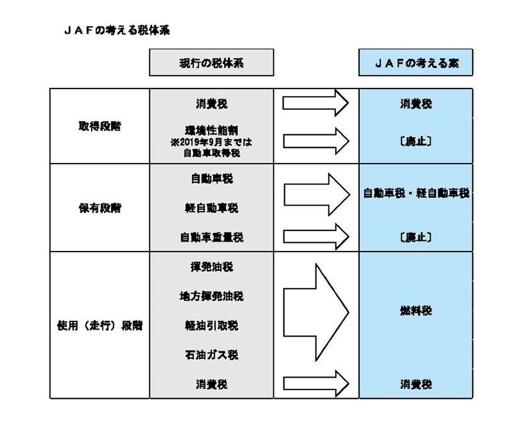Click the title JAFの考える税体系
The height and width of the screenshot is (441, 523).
[x=116, y=29]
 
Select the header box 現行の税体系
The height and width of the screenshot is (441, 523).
[x=211, y=63]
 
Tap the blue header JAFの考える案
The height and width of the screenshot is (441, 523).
[x=416, y=63]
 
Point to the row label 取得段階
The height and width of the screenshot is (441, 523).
[x=99, y=126]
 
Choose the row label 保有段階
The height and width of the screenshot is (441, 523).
[x=99, y=208]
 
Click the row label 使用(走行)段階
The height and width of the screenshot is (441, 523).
[x=99, y=325]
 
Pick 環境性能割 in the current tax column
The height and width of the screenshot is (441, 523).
[x=211, y=131]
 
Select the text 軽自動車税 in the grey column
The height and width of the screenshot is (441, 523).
[x=211, y=208]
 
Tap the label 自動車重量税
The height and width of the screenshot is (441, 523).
[x=211, y=237]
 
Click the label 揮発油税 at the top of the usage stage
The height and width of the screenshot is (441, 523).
[x=211, y=267]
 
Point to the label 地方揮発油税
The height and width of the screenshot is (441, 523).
[x=211, y=296]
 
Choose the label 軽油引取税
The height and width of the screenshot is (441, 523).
[x=211, y=325]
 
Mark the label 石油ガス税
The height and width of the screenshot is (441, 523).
[x=211, y=355]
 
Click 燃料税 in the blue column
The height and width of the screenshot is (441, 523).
[x=416, y=310]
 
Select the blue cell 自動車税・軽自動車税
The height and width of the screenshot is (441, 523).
[x=416, y=193]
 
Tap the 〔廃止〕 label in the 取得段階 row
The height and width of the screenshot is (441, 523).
[x=416, y=141]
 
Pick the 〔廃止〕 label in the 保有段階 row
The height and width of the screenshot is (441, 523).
[x=416, y=237]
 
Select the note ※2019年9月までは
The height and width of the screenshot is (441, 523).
[x=211, y=142]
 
